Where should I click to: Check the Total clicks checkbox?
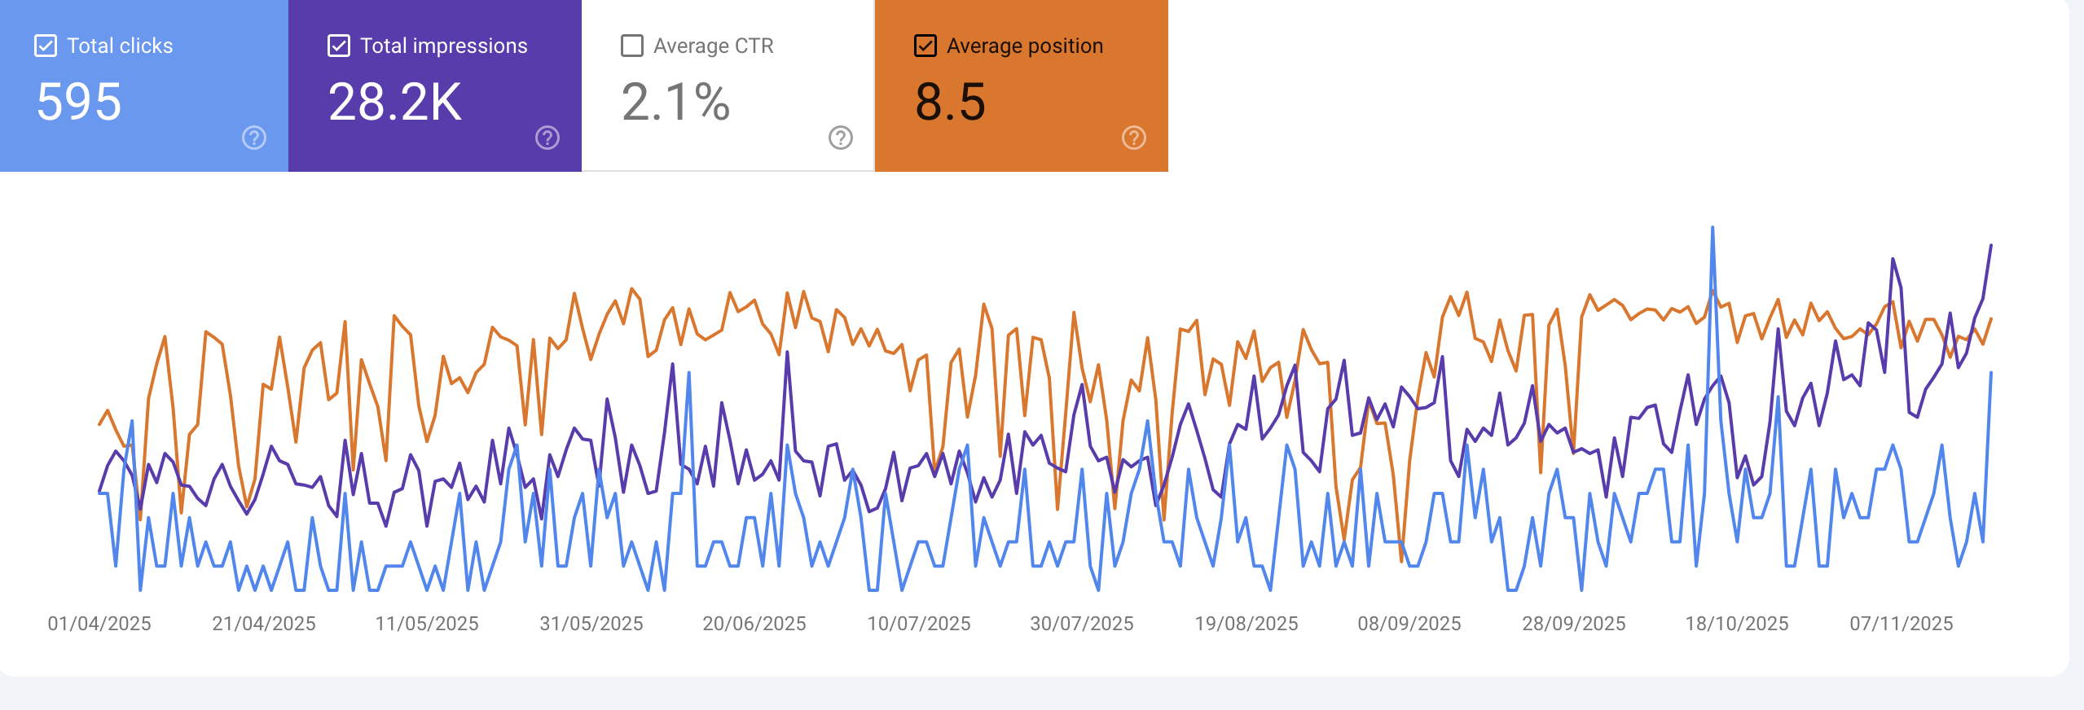click(x=46, y=46)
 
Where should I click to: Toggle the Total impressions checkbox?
click(x=339, y=46)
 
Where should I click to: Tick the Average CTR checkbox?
click(x=632, y=46)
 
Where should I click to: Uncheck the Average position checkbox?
click(x=925, y=46)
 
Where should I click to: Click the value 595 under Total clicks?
click(x=79, y=102)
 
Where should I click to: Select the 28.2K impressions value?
click(x=395, y=102)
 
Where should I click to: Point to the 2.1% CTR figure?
click(x=675, y=102)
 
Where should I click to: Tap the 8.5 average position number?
click(x=950, y=102)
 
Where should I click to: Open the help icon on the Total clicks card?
click(x=254, y=138)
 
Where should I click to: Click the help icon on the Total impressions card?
click(x=547, y=138)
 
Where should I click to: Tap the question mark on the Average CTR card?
click(x=841, y=138)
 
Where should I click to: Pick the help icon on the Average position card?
click(x=1134, y=138)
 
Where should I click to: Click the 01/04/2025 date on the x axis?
click(x=99, y=624)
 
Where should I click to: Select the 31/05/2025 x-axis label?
click(x=591, y=624)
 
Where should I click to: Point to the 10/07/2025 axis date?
click(x=919, y=624)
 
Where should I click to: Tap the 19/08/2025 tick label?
click(x=1246, y=624)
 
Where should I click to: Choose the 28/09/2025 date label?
click(x=1574, y=624)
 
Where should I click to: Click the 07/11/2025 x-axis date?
click(x=1902, y=624)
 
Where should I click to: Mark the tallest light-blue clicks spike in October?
click(x=1712, y=229)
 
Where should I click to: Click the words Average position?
click(x=1025, y=46)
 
